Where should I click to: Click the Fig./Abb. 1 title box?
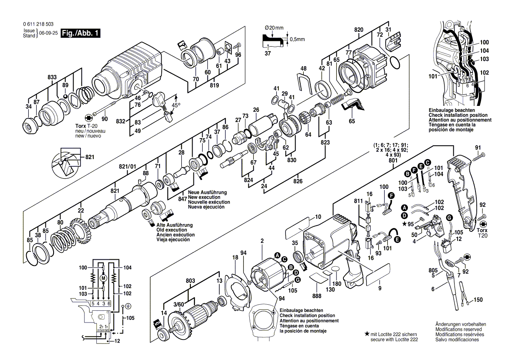click(x=81, y=33)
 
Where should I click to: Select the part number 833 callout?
click(x=52, y=77)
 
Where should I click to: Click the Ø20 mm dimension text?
click(x=274, y=28)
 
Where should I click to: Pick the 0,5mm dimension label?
click(x=297, y=39)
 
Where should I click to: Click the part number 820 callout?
click(x=359, y=30)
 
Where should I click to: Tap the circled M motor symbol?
click(x=103, y=278)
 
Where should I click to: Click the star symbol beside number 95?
click(x=405, y=224)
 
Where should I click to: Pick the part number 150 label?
click(x=478, y=300)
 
